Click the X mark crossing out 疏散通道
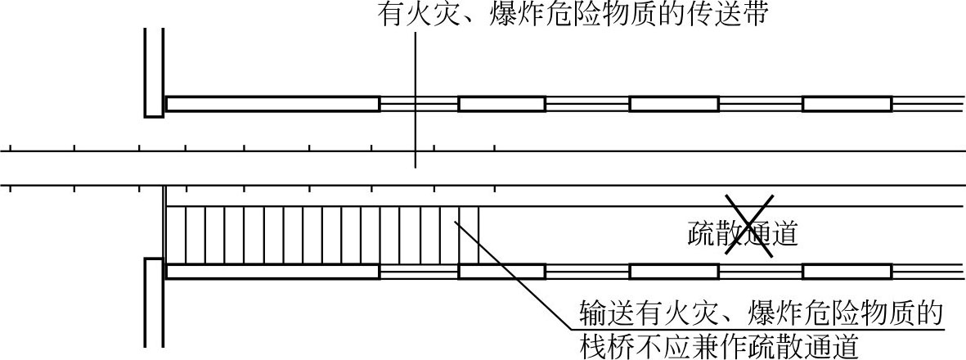coord(748,226)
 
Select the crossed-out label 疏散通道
coord(743,235)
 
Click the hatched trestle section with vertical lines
coord(323,235)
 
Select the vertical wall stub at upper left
coord(154,72)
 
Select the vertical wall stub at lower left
coord(154,303)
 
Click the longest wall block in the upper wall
coord(273,104)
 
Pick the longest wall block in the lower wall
coord(273,272)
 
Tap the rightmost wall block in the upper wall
coord(847,104)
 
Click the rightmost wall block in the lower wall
coord(847,272)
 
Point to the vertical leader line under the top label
coord(416,100)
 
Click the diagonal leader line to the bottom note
coord(511,274)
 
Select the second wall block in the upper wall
coord(501,104)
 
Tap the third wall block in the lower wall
coord(674,272)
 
